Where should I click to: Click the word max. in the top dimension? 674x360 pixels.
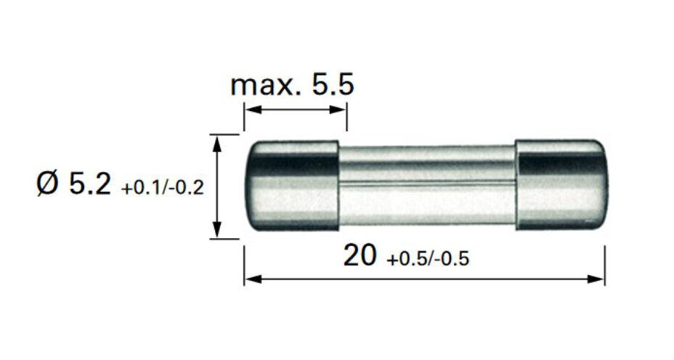(x=266, y=86)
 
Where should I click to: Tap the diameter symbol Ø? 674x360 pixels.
(x=47, y=185)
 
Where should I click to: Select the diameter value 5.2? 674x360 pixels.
(x=90, y=185)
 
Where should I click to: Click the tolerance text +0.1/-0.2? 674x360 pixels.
(x=163, y=188)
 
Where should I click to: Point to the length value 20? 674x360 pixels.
(x=360, y=255)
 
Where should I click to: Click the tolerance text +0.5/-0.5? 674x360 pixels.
(x=428, y=259)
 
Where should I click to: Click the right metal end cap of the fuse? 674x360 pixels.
(x=560, y=186)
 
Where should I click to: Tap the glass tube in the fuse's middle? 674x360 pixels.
(x=427, y=186)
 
